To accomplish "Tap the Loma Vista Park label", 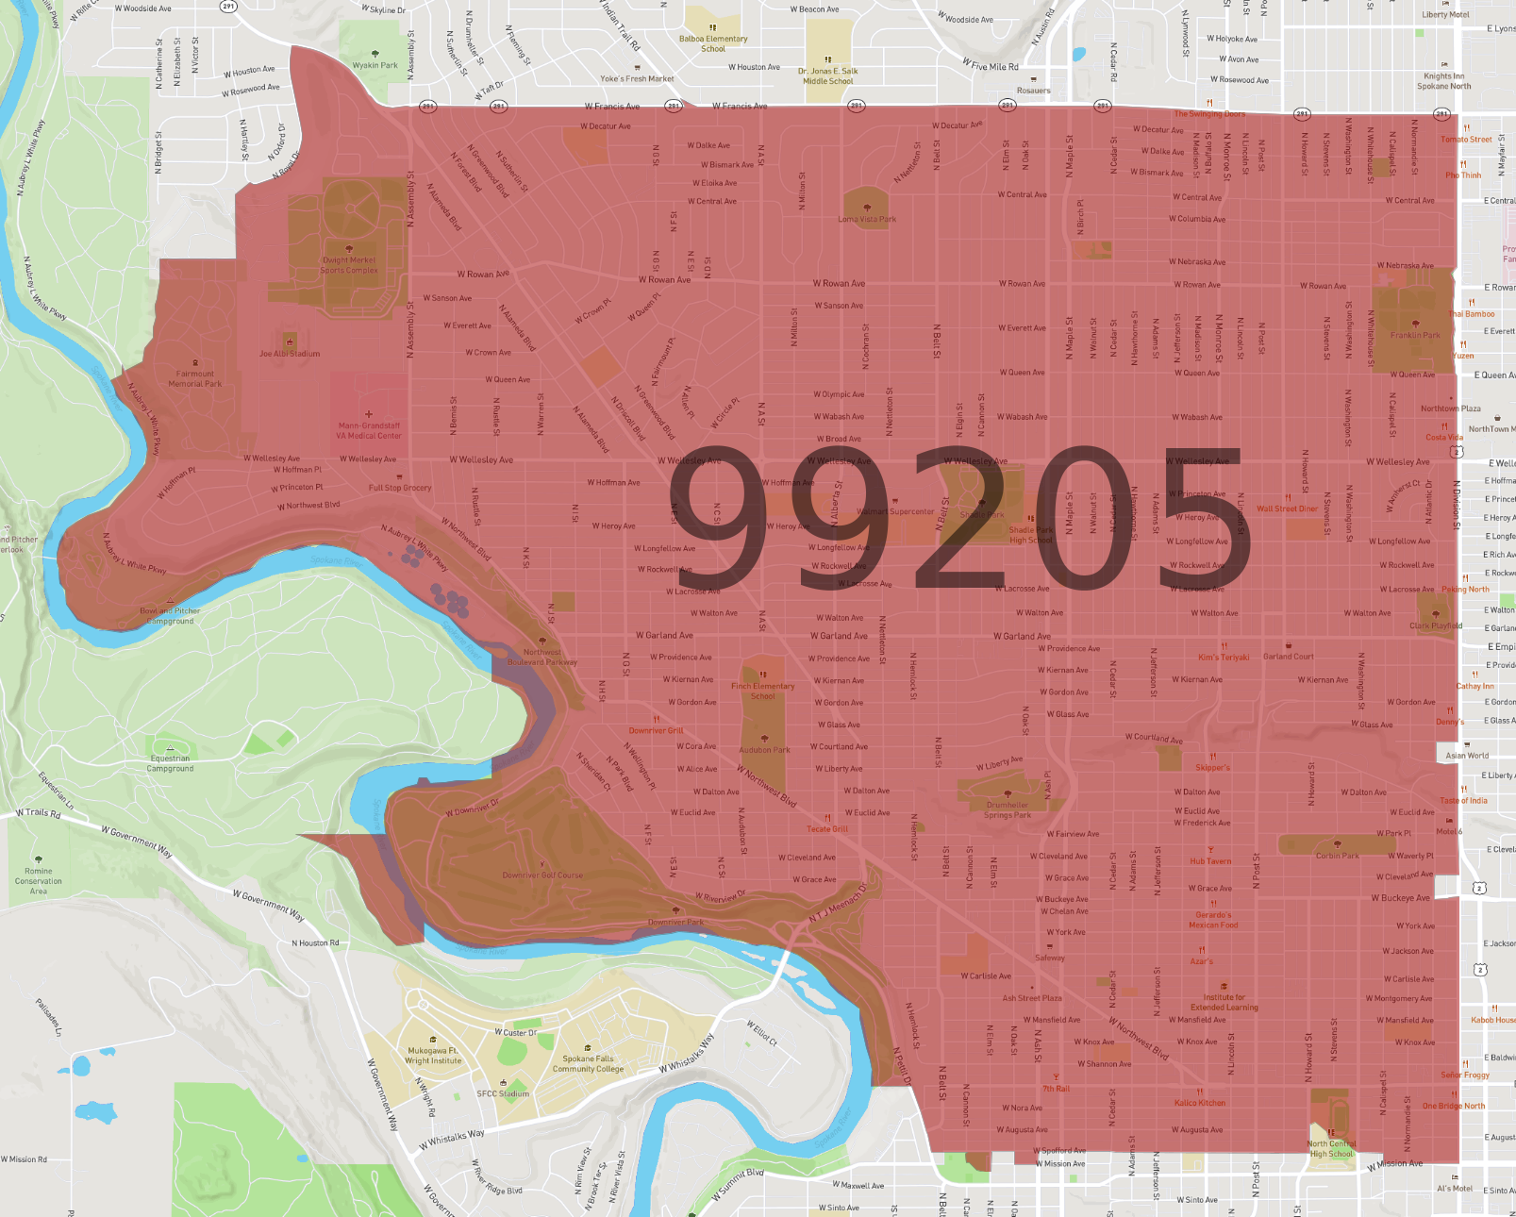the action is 867,219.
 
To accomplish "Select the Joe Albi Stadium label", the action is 290,354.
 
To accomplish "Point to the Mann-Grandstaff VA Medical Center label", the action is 369,431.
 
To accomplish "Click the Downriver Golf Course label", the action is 542,875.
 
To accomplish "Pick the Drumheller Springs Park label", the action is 1008,810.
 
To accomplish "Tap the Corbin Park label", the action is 1338,856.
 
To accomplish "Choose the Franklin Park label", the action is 1415,335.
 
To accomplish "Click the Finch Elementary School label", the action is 762,692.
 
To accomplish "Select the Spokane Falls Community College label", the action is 588,1064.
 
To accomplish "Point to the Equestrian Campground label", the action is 170,763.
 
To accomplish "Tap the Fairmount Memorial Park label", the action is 195,378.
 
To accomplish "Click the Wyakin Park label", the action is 375,65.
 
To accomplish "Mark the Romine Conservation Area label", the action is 39,881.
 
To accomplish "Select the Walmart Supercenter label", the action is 895,512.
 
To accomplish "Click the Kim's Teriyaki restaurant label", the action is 1223,658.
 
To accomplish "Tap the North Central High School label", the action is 1330,1149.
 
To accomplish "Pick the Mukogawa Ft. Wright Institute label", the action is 433,1056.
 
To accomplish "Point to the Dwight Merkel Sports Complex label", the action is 349,265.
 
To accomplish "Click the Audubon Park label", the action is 764,750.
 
